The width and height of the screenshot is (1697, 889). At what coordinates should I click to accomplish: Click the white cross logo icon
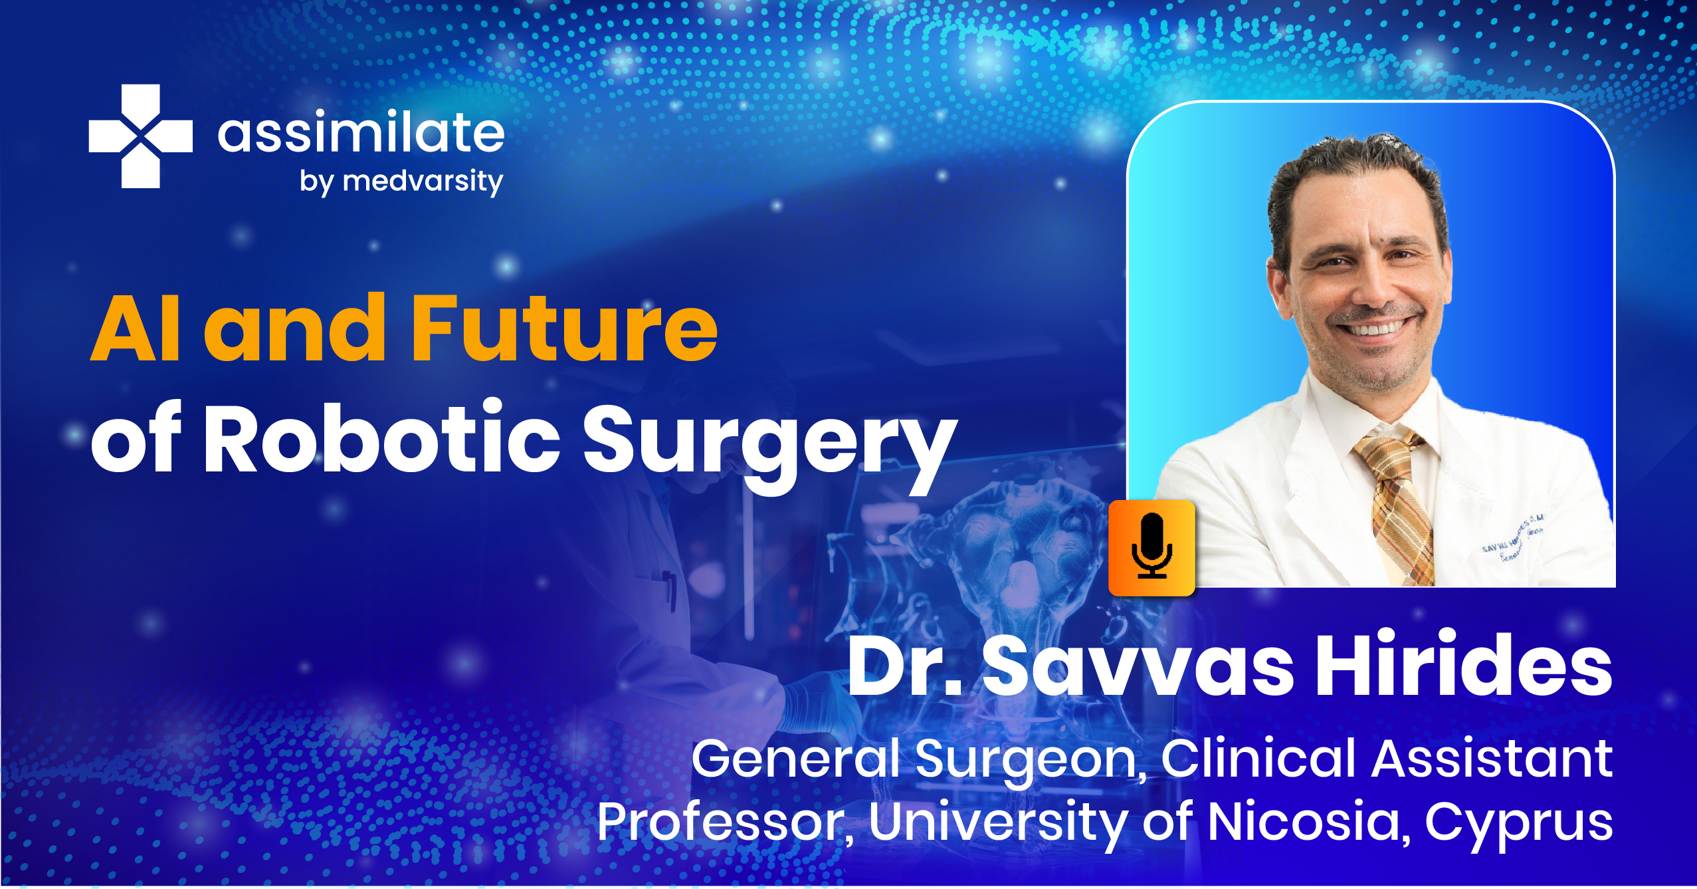click(140, 136)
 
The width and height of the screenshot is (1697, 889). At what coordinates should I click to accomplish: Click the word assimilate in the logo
click(361, 132)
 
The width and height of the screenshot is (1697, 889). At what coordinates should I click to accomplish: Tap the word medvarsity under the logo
click(423, 182)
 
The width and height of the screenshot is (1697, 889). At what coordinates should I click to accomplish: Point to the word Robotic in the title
click(382, 439)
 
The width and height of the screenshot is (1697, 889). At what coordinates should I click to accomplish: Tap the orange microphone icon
click(1151, 547)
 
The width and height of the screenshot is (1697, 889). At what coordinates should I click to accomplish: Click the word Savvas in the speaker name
click(1138, 667)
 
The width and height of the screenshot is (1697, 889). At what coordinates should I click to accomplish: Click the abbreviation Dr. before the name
click(905, 667)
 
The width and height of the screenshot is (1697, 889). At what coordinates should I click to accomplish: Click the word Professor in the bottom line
click(720, 823)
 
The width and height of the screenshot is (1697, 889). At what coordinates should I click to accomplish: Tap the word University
click(996, 823)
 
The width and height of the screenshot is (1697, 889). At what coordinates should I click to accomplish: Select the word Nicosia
click(1305, 822)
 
